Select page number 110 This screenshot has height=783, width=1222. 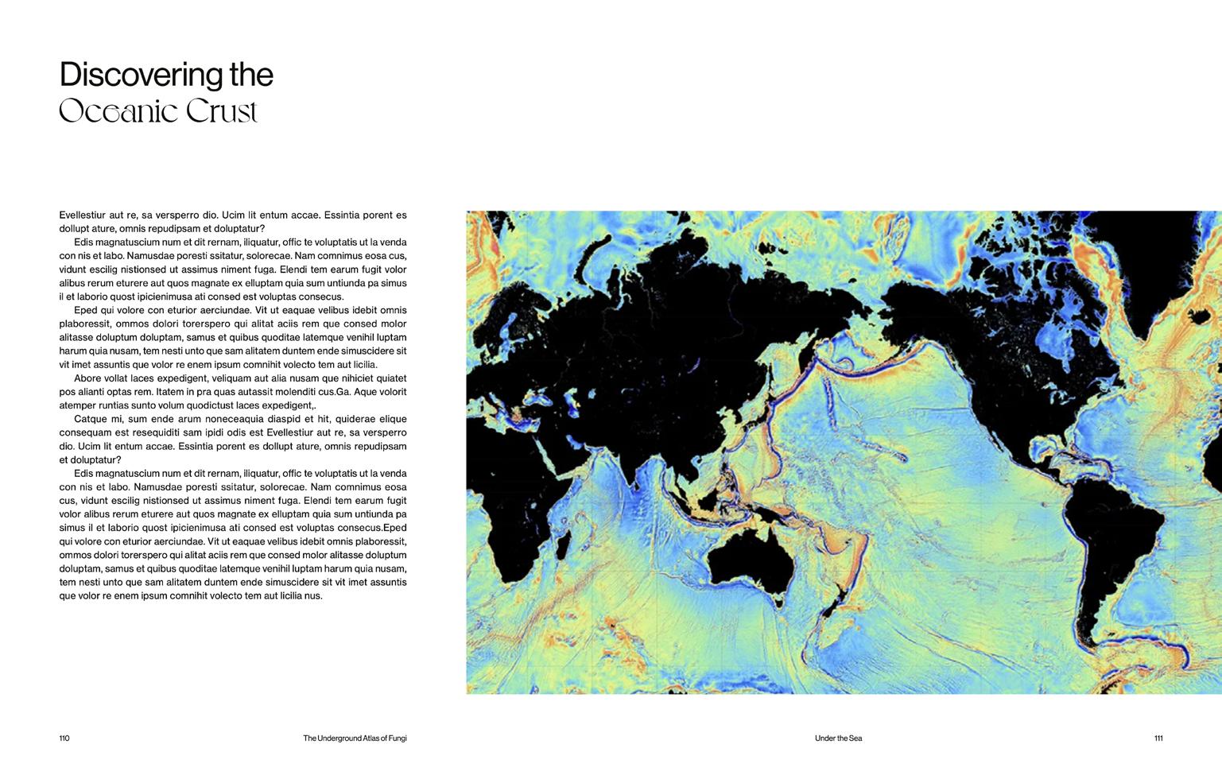[64, 738]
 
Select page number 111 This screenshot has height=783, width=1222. [1158, 738]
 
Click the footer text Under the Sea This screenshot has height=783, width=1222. [838, 738]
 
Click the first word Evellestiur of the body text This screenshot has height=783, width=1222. [83, 215]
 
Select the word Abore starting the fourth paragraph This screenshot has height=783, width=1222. [87, 378]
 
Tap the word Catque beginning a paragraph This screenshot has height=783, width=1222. [91, 419]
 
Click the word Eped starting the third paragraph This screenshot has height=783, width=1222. [86, 310]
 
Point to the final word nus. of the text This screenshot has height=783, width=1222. [313, 596]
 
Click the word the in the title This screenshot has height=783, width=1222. [251, 75]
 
